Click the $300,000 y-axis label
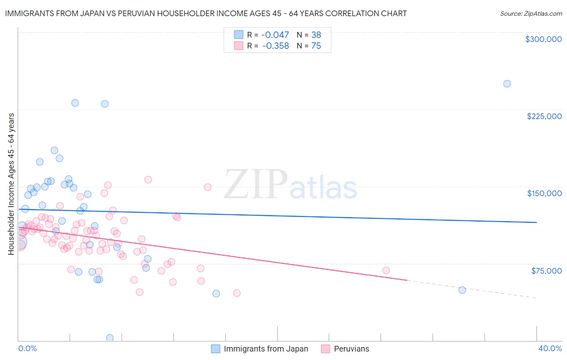[x=543, y=39]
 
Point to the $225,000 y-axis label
[x=544, y=116]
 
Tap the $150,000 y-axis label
[x=544, y=193]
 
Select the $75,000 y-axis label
[x=546, y=270]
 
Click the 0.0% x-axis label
[x=28, y=348]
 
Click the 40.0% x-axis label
[x=550, y=348]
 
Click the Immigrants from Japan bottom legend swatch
[x=216, y=349]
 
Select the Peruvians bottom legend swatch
[x=326, y=349]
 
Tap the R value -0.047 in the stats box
[x=275, y=35]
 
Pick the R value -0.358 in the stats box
[x=275, y=46]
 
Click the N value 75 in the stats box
[x=316, y=46]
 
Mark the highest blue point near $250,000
[x=507, y=84]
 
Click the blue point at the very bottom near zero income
[x=110, y=338]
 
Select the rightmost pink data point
[x=386, y=270]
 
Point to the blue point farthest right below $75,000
[x=462, y=290]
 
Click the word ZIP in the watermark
[x=256, y=185]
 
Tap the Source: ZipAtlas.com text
[x=531, y=14]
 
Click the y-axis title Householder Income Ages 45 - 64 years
[x=11, y=184]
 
